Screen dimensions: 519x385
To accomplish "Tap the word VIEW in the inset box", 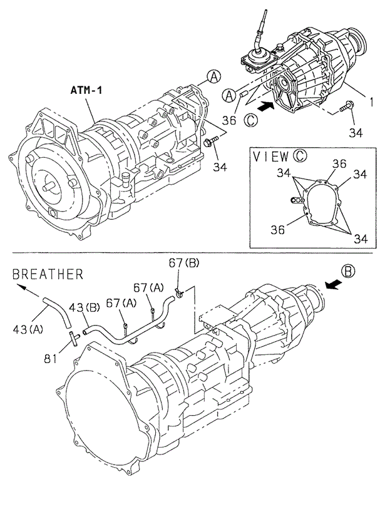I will click(270, 156).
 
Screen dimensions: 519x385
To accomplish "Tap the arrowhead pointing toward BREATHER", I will click(21, 289).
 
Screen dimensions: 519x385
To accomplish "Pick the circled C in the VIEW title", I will click(300, 156).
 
